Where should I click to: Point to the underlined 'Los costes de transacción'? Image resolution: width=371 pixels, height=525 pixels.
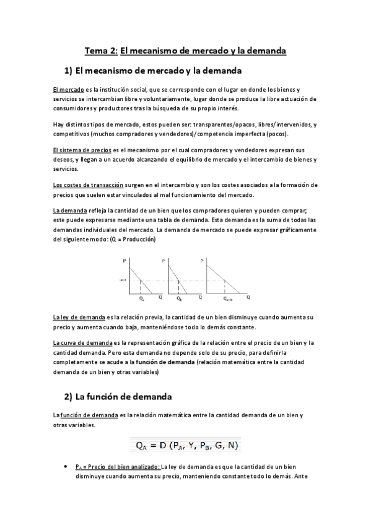(x=89, y=185)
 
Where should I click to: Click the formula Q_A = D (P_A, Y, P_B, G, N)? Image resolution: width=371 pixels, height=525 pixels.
(x=186, y=445)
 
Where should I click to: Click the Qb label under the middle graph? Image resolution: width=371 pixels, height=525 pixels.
(x=179, y=298)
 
